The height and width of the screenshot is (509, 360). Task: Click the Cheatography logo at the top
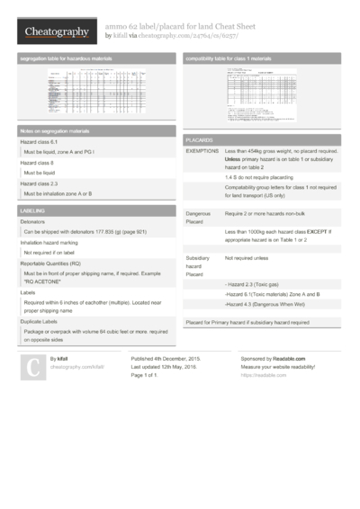pos(56,32)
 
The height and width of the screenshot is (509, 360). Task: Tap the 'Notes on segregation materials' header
pos(55,131)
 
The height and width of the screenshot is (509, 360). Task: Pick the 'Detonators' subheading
pos(33,221)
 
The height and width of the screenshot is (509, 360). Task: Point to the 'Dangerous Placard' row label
pos(200,217)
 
